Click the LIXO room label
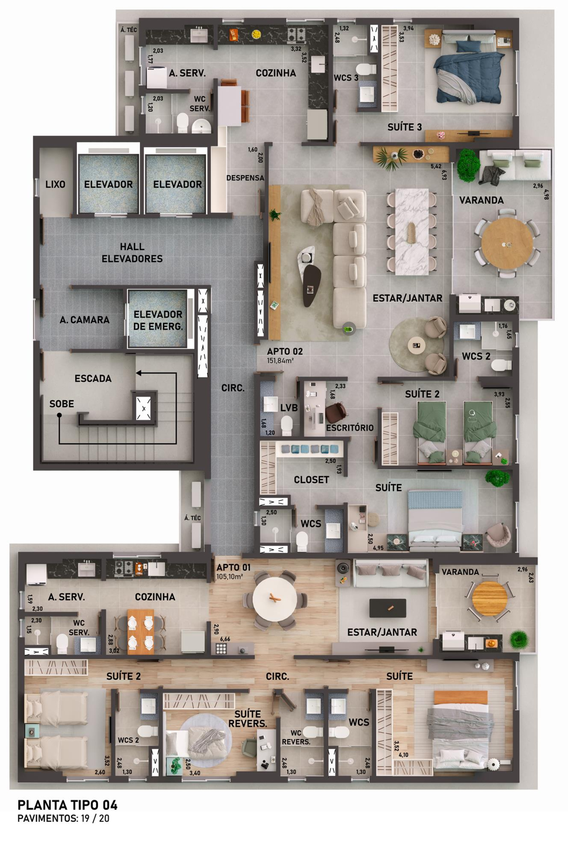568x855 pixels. pos(55,184)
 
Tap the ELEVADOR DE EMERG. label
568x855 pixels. pos(158,320)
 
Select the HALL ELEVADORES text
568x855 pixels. pos(132,253)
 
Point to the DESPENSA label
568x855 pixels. pos(245,178)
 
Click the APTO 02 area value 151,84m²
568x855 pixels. pos(280,360)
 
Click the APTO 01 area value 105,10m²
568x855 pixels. pos(229,577)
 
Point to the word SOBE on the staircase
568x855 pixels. pos(61,404)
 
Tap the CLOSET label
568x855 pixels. pos(312,480)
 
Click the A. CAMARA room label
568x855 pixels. pos(85,320)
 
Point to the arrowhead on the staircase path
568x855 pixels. pos(139,373)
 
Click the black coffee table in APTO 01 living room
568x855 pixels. pos(388,608)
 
